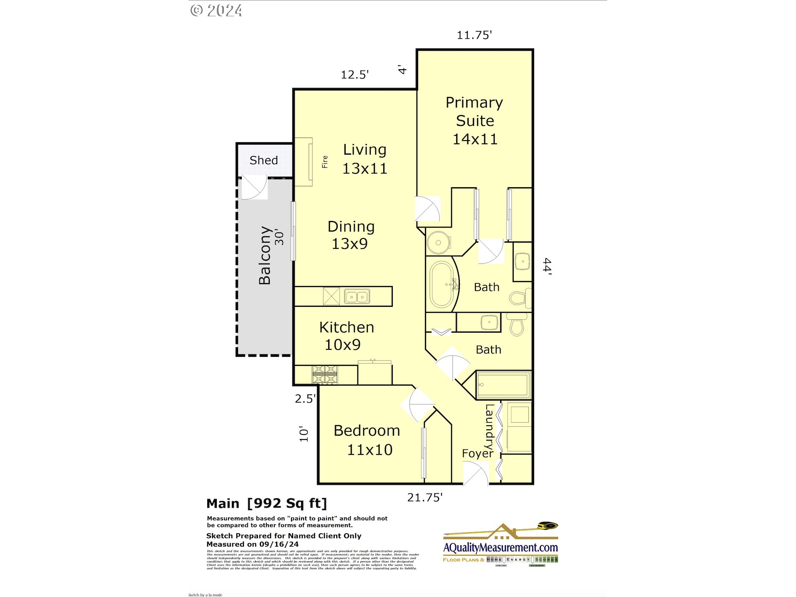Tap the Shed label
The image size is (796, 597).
click(264, 160)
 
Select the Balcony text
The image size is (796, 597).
click(265, 255)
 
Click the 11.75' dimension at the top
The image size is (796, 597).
click(474, 35)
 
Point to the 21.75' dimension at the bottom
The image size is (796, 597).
click(424, 497)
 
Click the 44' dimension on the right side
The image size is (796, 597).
click(547, 267)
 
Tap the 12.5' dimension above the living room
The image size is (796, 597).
click(354, 75)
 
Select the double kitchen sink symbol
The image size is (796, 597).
click(357, 297)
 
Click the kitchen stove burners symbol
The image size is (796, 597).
click(325, 374)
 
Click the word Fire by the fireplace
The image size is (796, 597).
click(325, 162)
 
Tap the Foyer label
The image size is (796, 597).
click(477, 453)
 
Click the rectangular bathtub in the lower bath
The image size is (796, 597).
click(503, 385)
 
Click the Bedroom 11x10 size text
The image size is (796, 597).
click(369, 450)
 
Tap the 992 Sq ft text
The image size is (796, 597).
click(287, 503)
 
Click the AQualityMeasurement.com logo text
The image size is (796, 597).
click(500, 547)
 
